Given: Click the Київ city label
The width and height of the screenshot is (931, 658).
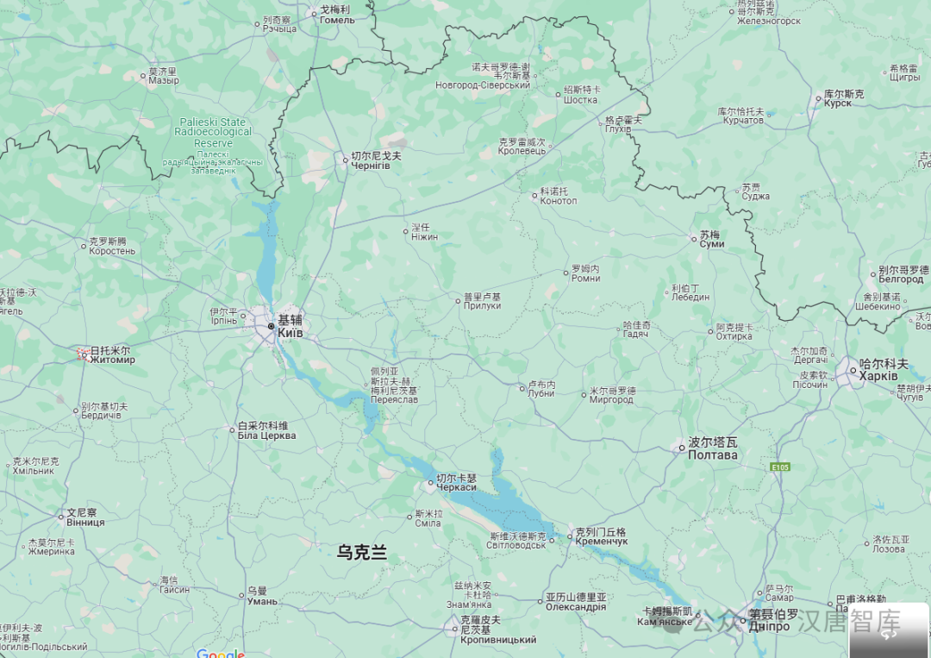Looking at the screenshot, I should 291,332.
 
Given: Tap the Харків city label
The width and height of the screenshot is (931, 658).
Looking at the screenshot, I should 878,377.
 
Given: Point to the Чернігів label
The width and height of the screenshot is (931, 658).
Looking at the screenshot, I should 371,165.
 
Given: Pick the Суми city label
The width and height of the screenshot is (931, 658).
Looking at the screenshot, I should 712,244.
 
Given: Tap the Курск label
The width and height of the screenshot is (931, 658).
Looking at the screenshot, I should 837,103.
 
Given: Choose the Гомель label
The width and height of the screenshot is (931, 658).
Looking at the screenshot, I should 337,20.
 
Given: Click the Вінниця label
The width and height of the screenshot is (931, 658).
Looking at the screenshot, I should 85,522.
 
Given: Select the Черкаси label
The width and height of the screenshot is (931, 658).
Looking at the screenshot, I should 456,487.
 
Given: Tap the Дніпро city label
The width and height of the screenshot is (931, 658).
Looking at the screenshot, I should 769,626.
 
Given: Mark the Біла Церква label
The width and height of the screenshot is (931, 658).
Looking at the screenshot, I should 266,436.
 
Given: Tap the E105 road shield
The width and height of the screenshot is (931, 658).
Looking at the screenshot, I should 780,467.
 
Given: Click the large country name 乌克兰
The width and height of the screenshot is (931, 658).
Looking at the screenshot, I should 362,553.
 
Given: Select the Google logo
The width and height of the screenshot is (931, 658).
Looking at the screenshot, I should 220,654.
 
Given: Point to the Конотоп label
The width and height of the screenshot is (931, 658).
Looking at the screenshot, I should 558,201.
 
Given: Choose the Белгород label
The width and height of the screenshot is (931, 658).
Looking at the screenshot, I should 901,279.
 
